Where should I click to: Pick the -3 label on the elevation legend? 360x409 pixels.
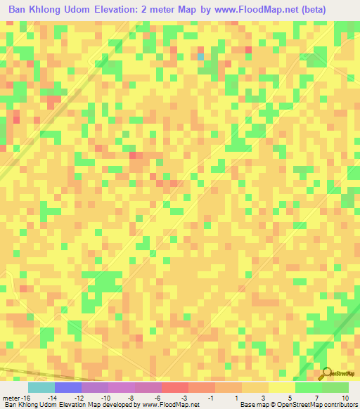coord(184,397)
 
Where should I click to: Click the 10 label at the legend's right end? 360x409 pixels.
coord(345,397)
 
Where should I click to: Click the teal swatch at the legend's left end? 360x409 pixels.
coord(41,387)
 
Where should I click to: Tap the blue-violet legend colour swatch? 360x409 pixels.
coord(68,387)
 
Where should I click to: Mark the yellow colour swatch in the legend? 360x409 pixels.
coord(281,387)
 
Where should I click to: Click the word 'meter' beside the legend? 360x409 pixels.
coord(10,397)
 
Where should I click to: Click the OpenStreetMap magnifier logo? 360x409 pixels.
coord(328,372)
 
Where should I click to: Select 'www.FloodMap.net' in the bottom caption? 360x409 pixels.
coord(168,405)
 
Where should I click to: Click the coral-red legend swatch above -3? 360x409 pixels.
coord(174,387)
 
